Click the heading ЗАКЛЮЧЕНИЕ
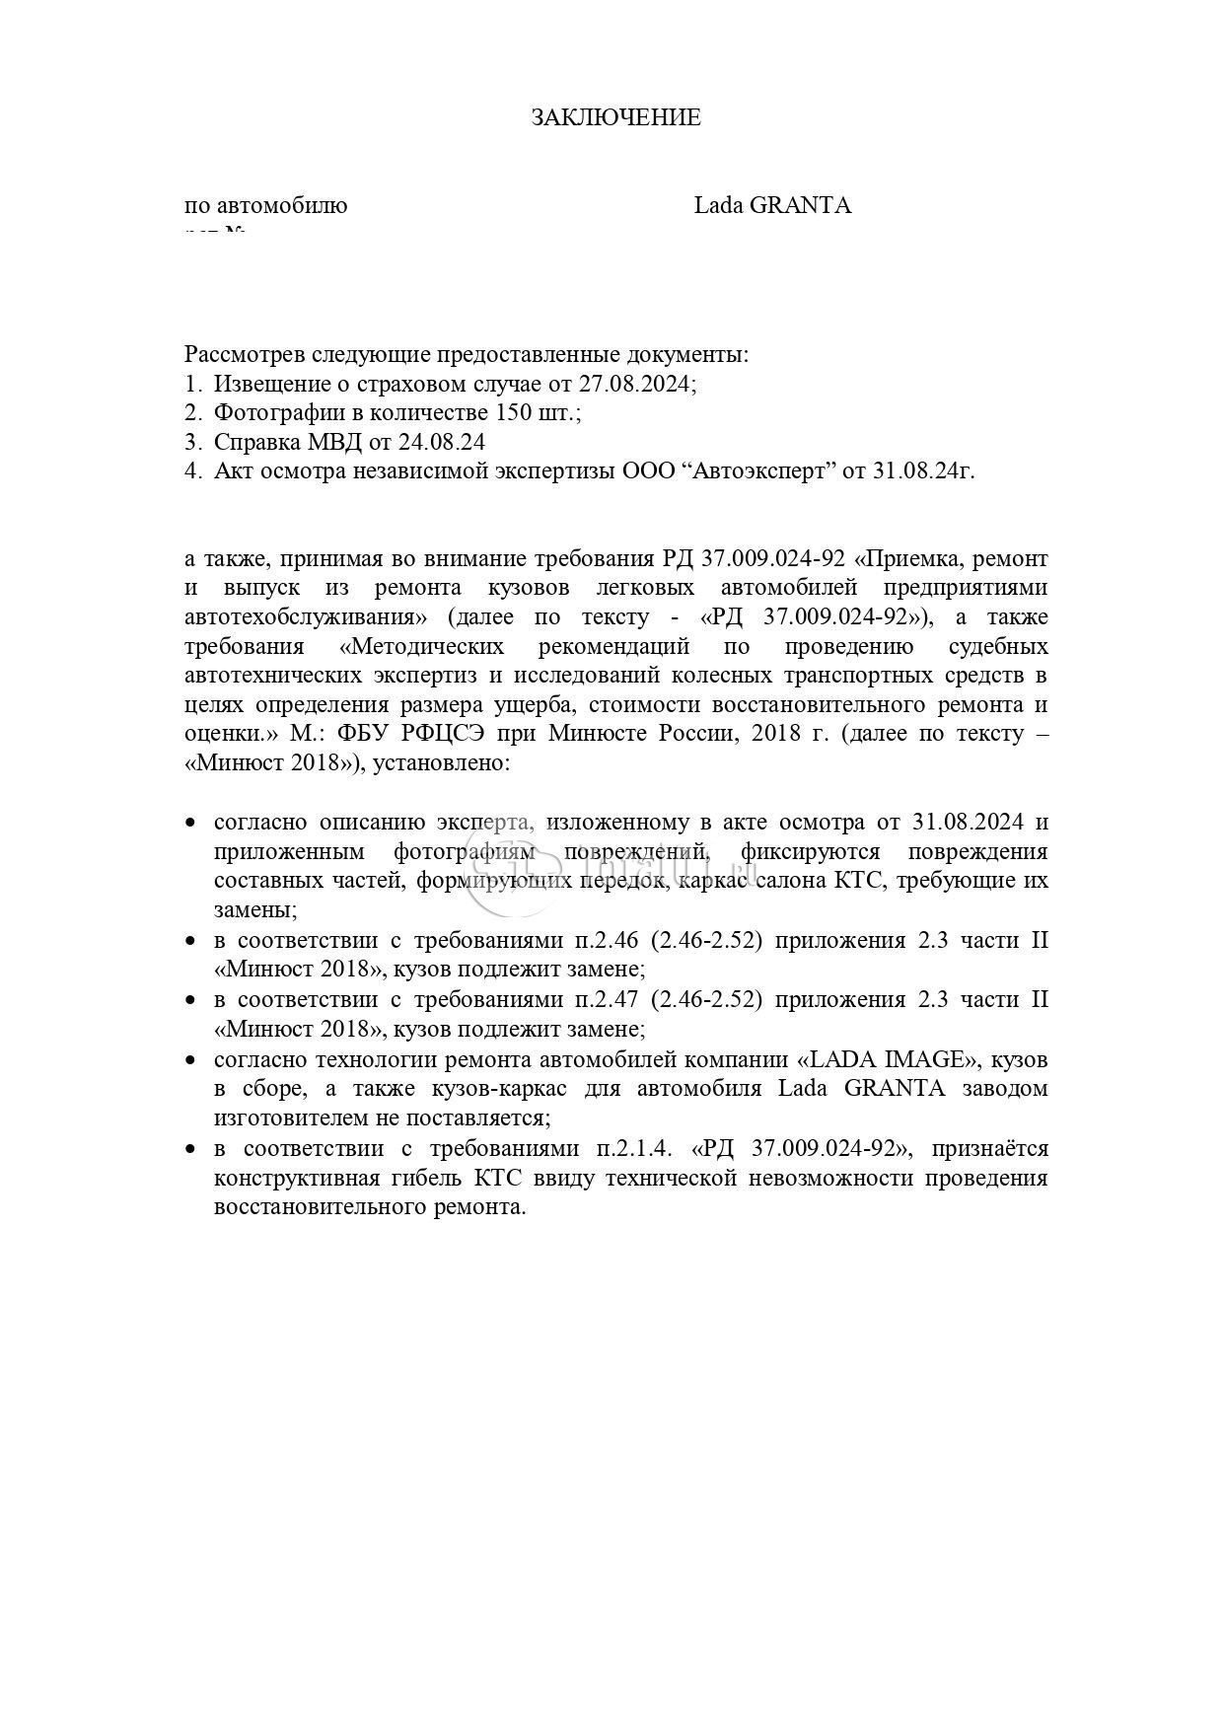(x=615, y=117)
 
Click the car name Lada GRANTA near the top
(x=772, y=205)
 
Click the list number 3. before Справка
(x=192, y=442)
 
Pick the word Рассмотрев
(x=245, y=353)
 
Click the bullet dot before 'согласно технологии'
(x=191, y=1060)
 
